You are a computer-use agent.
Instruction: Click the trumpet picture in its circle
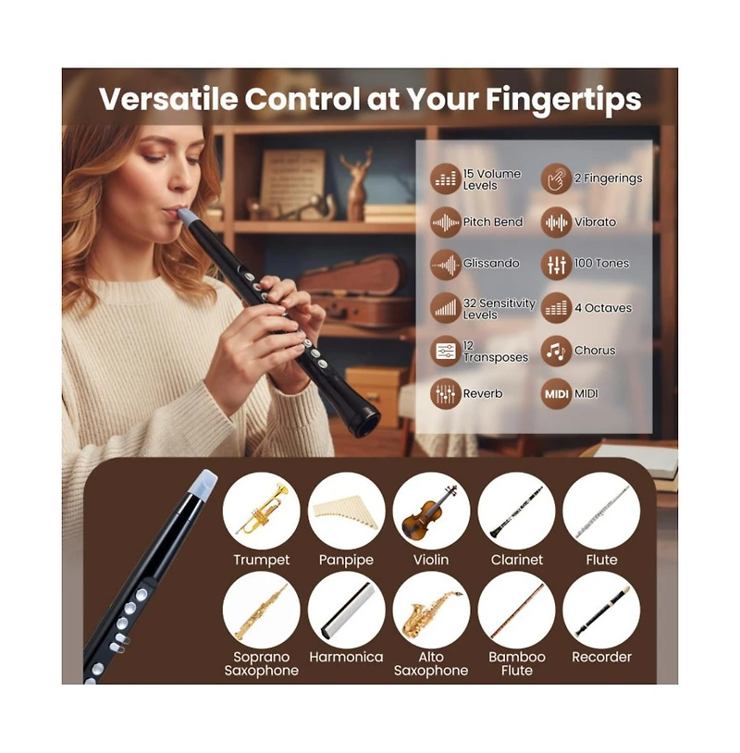click(261, 511)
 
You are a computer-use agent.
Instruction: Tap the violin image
click(431, 511)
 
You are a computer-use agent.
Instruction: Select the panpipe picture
click(346, 511)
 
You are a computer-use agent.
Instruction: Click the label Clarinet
click(516, 560)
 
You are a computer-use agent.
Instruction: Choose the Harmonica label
click(346, 657)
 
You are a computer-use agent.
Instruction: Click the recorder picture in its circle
click(601, 610)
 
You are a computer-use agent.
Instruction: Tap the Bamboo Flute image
click(516, 610)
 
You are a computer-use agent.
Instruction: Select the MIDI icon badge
click(556, 393)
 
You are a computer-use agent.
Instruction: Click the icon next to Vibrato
click(556, 222)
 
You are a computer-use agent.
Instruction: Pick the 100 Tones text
click(601, 264)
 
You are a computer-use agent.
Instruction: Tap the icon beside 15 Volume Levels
click(446, 179)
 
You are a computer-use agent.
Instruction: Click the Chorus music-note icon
click(556, 351)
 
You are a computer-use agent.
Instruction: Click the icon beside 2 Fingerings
click(556, 179)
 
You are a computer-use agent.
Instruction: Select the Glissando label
click(491, 264)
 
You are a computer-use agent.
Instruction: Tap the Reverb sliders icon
click(446, 393)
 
